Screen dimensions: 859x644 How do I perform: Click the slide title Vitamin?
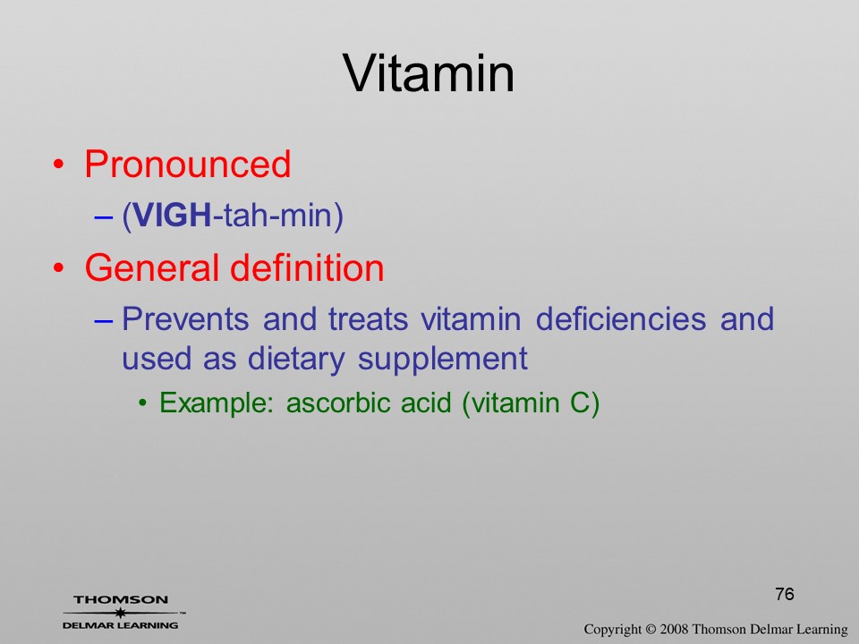click(429, 73)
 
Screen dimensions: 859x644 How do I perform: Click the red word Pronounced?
click(187, 164)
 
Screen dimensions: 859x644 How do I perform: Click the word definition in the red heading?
click(307, 267)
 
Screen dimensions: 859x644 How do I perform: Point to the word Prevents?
click(185, 318)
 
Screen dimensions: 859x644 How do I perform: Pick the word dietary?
click(296, 360)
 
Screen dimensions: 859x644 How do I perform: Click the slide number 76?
click(785, 594)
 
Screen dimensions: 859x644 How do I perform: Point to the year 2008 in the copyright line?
click(675, 629)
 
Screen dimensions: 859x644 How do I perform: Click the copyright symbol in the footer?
click(651, 630)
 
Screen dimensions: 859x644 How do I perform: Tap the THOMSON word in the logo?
click(121, 600)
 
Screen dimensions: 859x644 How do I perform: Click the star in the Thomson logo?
click(121, 613)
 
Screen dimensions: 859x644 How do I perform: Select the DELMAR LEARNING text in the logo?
click(121, 625)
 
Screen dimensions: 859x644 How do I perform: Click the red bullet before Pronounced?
click(58, 165)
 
